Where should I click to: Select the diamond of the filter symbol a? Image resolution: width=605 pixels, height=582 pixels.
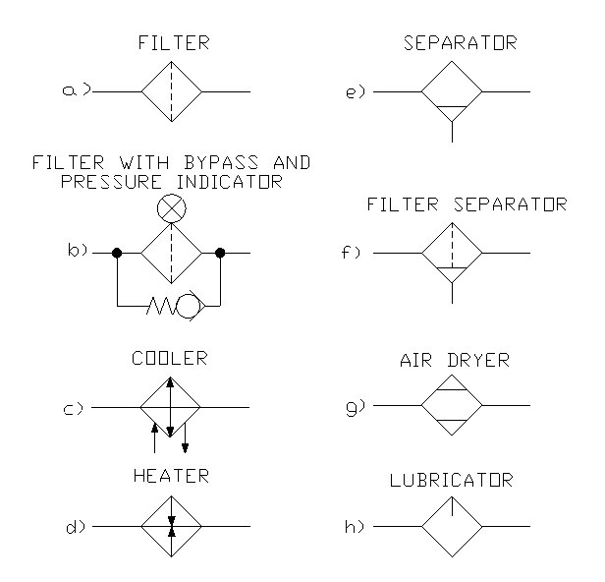click(x=171, y=91)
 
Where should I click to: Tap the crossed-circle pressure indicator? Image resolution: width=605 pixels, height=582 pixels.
click(x=171, y=208)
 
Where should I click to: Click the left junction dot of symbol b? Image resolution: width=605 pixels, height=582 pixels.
click(x=117, y=253)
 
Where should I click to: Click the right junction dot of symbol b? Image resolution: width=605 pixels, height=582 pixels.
click(x=221, y=253)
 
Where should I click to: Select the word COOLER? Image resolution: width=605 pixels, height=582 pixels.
click(x=171, y=359)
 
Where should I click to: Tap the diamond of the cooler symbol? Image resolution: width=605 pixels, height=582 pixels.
click(x=171, y=405)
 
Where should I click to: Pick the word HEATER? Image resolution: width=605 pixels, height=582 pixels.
click(x=171, y=476)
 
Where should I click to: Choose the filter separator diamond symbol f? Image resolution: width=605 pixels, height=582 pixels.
click(x=452, y=253)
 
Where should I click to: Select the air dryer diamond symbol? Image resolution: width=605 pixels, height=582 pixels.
click(x=452, y=405)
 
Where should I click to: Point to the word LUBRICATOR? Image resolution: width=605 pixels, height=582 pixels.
click(x=452, y=481)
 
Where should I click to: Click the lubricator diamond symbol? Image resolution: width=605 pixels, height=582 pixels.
click(x=452, y=526)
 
